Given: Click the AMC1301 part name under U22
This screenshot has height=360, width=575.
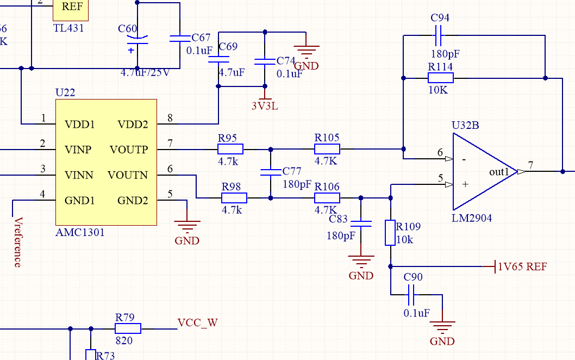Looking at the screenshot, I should coord(80,233).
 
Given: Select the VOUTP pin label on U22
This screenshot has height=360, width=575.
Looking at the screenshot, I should coord(128,150).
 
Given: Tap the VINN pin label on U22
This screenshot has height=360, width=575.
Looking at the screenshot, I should coord(79,175).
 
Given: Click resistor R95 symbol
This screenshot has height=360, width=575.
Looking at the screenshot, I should coord(230,149).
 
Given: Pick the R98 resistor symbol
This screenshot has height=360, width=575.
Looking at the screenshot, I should coord(234,198).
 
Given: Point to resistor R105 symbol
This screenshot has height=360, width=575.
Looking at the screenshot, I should coord(327,149).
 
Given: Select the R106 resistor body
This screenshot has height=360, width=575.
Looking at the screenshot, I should coord(327,198).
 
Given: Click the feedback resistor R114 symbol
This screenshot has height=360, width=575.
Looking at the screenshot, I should coord(440,78).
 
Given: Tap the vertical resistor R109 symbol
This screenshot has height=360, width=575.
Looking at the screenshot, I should coord(390,233).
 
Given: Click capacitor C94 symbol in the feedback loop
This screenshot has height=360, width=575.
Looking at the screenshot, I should coord(440,35).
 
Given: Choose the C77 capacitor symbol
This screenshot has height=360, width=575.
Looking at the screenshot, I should coord(271,172).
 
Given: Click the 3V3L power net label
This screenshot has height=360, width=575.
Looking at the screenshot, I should coord(265,106).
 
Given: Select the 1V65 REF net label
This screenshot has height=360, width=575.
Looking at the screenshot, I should coord(522,266).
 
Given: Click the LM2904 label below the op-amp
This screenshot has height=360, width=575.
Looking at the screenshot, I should coord(472,219).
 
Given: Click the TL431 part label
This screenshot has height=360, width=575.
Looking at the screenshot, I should coord(68,28).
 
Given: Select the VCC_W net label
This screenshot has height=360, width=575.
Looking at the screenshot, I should coord(197,322).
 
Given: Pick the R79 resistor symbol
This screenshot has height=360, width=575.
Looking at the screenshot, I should coord(128,328).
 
